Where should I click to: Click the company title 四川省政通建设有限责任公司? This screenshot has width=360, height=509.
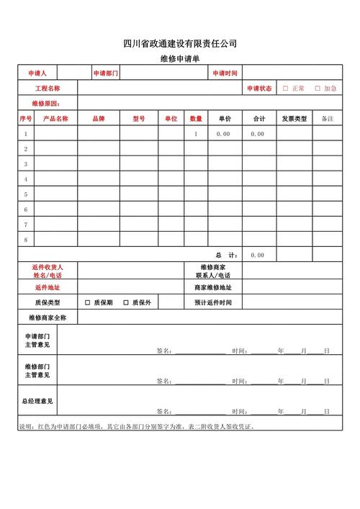point(180,44)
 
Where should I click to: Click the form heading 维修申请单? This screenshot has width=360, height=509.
point(180,60)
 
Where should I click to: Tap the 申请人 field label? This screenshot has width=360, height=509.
point(37,73)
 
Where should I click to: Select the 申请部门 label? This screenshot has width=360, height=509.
point(105,73)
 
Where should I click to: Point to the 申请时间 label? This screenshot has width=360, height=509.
point(225,73)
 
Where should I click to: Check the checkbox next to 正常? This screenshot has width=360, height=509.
point(285,89)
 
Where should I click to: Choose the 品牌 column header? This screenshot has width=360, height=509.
point(99,118)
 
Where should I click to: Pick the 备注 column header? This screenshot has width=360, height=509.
point(327,118)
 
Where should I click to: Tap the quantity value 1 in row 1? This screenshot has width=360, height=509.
point(196,134)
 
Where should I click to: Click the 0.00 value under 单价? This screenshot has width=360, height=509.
point(223,134)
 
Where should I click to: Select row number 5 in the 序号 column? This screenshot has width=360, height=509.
point(26,194)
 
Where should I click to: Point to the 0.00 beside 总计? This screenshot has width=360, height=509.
point(258,255)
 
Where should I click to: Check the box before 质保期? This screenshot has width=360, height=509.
point(87,302)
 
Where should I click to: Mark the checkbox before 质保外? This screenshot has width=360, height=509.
point(126,302)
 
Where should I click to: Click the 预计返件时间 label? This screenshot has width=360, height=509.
point(213,302)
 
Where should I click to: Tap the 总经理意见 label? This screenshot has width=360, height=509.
point(37,400)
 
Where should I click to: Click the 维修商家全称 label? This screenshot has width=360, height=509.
point(48,317)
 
